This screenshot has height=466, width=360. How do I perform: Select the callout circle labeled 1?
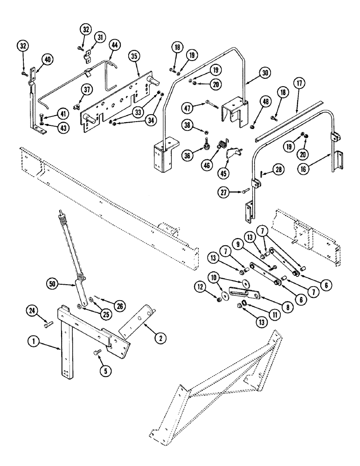pos(33,341)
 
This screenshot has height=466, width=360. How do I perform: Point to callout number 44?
pos(114,45)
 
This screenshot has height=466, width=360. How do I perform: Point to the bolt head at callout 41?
pos(43,115)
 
